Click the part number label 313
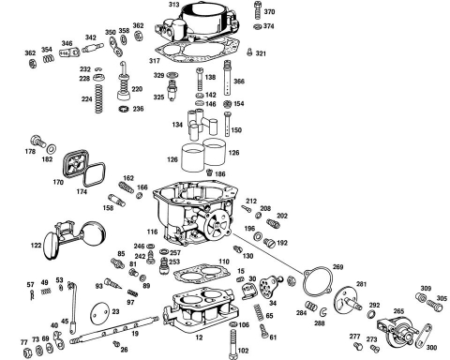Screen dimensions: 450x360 tap(173, 5)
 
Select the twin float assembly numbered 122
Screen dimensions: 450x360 tap(75, 239)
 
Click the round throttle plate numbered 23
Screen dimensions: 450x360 tap(99, 313)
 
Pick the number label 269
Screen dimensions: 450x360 tap(337, 267)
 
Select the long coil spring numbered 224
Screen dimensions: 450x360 tap(98, 98)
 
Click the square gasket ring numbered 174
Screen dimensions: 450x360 tap(94, 174)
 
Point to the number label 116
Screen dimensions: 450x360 tap(153, 232)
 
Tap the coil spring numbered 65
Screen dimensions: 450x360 tap(259, 312)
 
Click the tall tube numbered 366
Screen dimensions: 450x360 tap(228, 78)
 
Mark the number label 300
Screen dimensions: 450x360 tap(431, 348)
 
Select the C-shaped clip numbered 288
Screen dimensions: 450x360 tap(323, 312)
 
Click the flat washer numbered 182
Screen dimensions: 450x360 tap(52, 148)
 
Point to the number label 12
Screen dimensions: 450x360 tap(199, 337)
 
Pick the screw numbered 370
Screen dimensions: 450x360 tap(258, 10)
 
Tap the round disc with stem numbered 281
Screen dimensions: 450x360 tap(347, 300)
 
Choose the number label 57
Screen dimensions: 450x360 tap(30, 285)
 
